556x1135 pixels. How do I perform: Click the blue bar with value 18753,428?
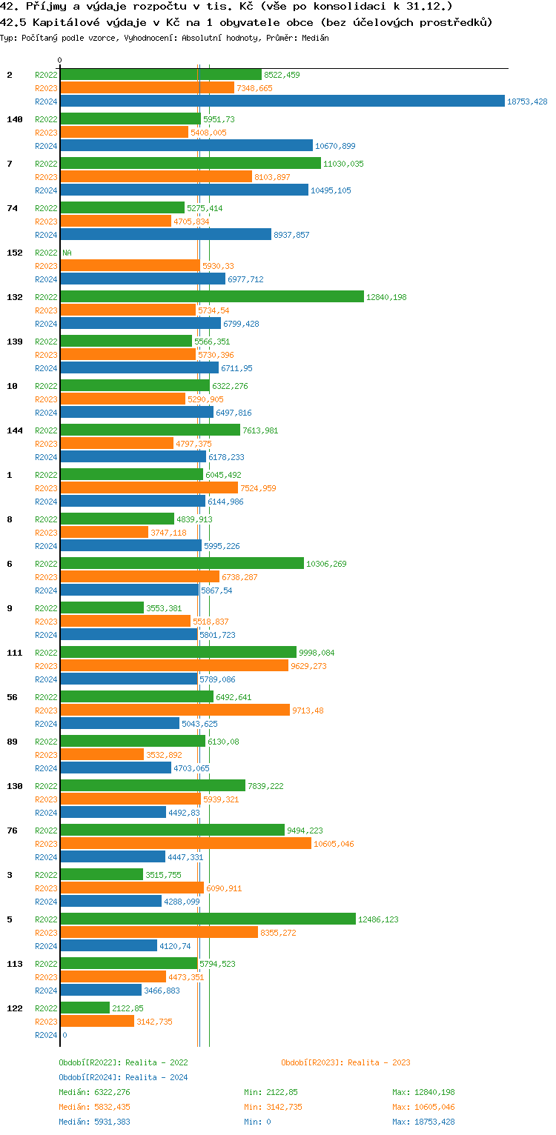[x=282, y=101]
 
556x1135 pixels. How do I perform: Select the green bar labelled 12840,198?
[x=212, y=297]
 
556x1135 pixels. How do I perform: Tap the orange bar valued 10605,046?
[x=185, y=844]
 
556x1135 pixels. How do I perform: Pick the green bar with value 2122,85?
[x=85, y=1008]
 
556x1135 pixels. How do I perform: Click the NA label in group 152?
[x=67, y=253]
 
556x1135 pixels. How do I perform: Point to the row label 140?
[x=15, y=119]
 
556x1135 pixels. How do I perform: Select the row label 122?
[x=15, y=1008]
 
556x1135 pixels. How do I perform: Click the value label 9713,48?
[x=308, y=710]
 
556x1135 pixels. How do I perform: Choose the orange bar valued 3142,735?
[x=97, y=1022]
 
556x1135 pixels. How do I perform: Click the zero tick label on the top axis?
[x=60, y=60]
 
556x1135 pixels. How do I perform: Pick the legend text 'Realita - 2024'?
[x=156, y=1077]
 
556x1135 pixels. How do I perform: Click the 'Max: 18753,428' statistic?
[x=423, y=1122]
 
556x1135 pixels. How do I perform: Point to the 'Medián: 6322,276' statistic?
[x=94, y=1092]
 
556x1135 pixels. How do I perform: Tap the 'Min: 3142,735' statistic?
[x=273, y=1107]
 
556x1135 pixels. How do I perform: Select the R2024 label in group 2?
[x=46, y=101]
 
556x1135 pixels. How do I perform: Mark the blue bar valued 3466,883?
[x=101, y=991]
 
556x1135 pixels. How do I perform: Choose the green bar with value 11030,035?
[x=191, y=164]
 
